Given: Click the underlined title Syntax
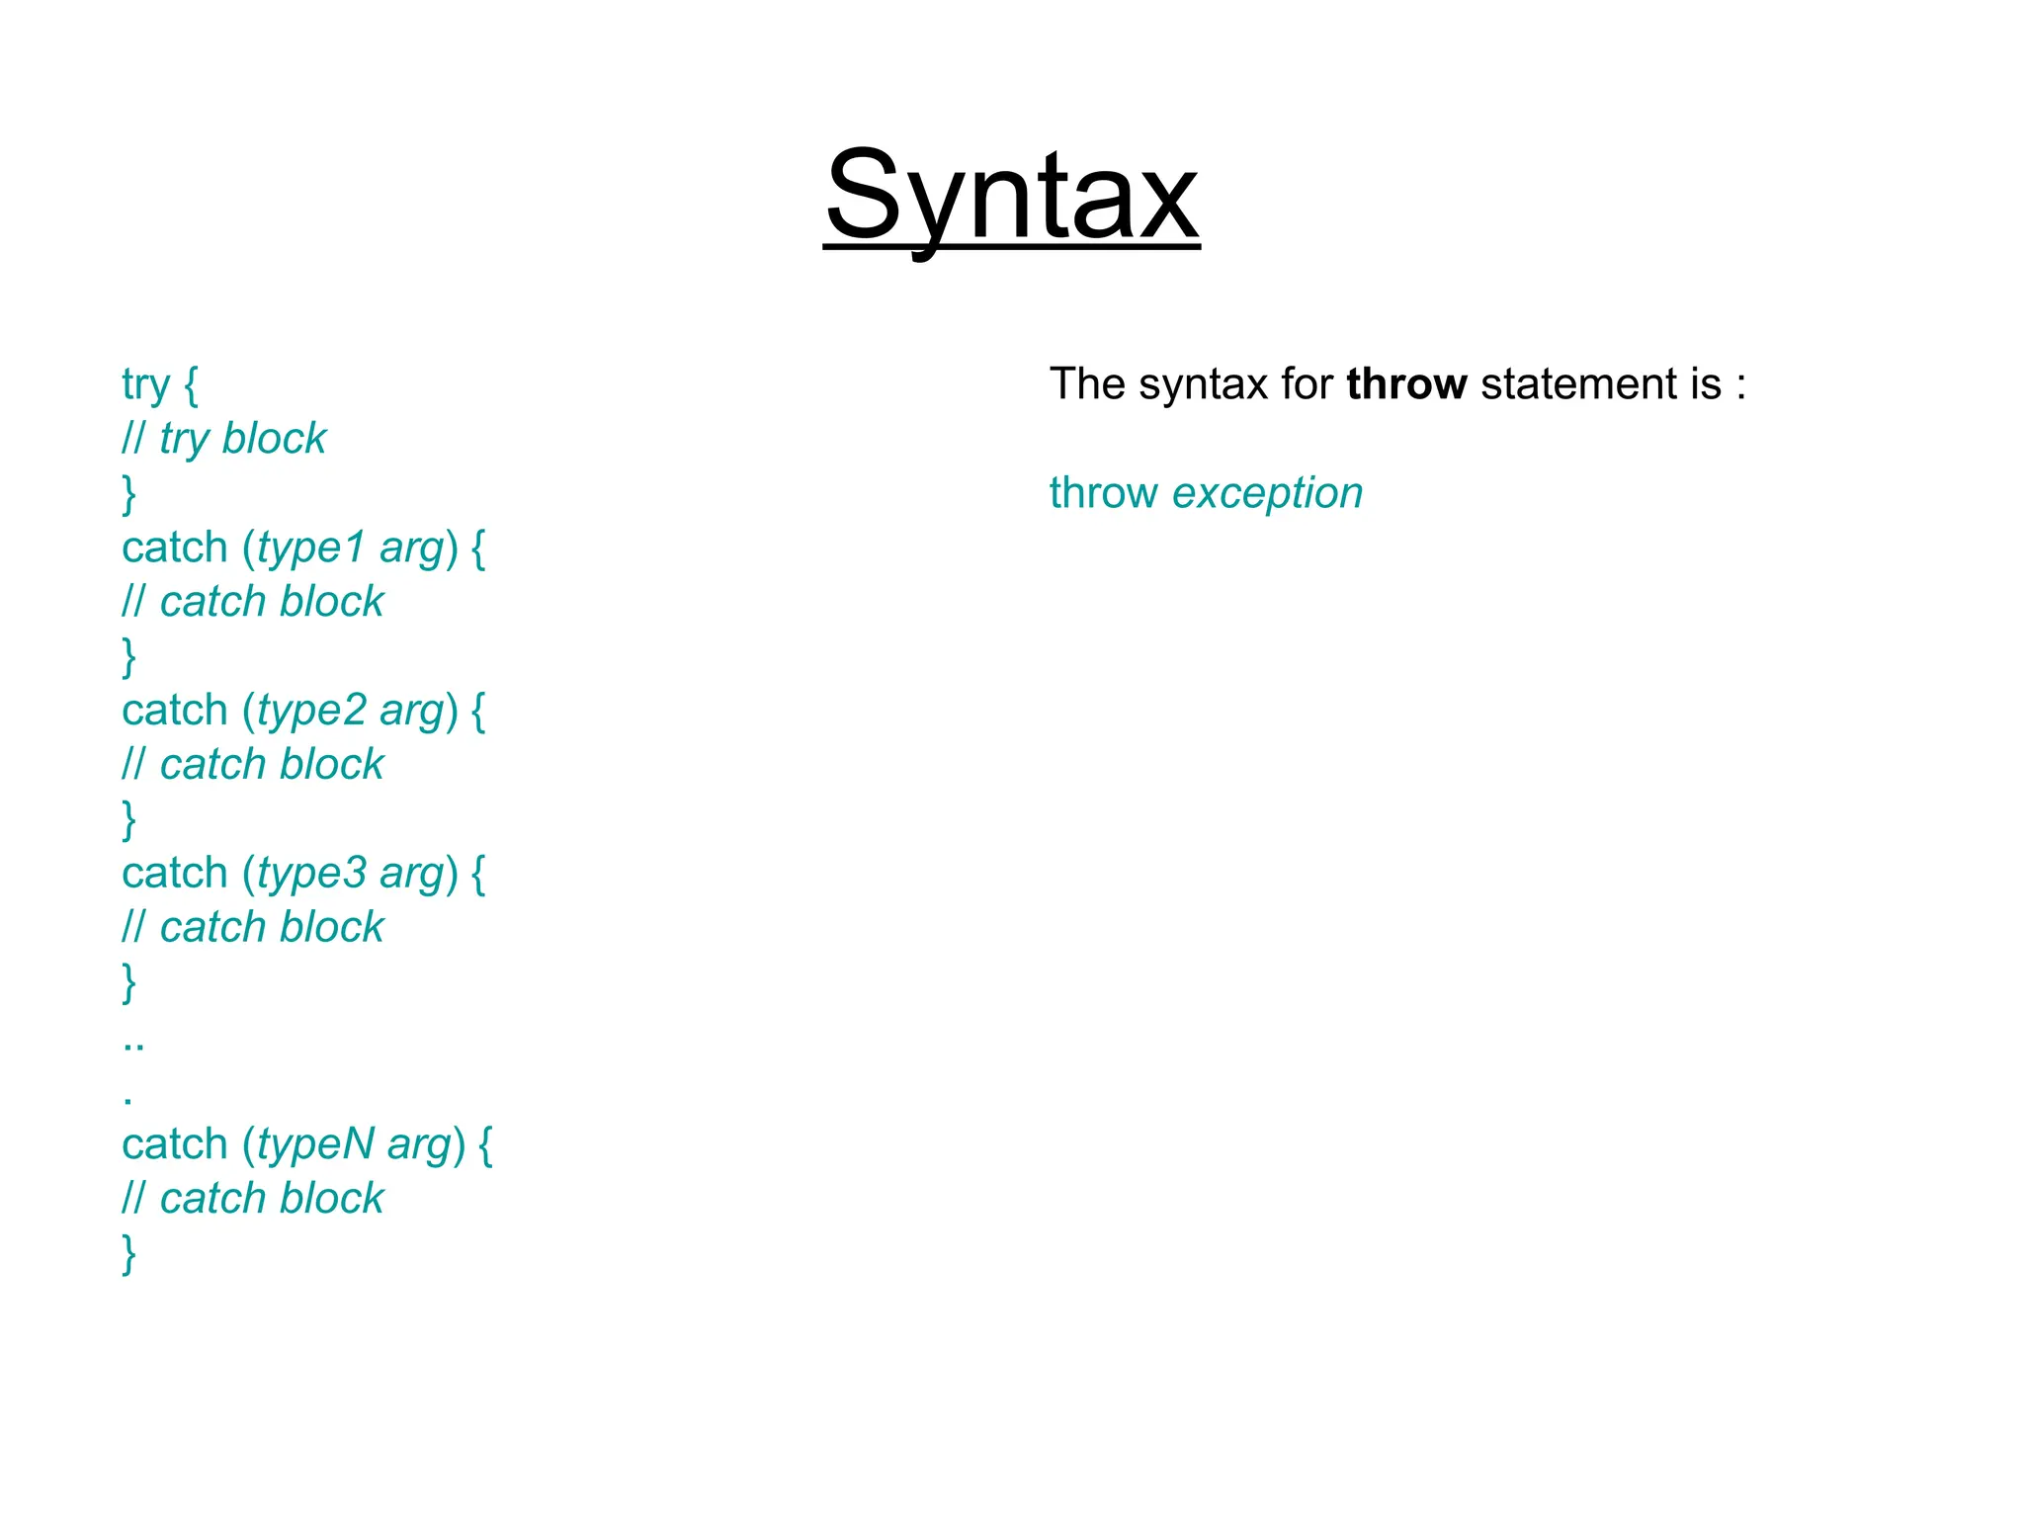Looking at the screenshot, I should pyautogui.click(x=1011, y=196).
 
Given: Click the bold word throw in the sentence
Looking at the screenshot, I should pyautogui.click(x=1405, y=383).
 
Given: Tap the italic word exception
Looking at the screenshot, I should pyautogui.click(x=1267, y=492).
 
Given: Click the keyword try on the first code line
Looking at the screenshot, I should pyautogui.click(x=145, y=385).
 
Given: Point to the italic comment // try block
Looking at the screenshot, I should pyautogui.click(x=223, y=439).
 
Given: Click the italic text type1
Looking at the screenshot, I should pyautogui.click(x=311, y=548).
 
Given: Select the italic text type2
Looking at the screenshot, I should pyautogui.click(x=311, y=711).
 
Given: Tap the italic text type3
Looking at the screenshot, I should pyautogui.click(x=311, y=874).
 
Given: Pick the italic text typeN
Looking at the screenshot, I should pyautogui.click(x=315, y=1144).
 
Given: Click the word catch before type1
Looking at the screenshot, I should pyautogui.click(x=174, y=548).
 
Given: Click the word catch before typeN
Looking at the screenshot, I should pyautogui.click(x=174, y=1144).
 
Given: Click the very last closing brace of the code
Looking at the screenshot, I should pyautogui.click(x=128, y=1253).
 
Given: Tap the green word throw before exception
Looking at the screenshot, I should pyautogui.click(x=1103, y=492).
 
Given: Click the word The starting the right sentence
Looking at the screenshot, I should pyautogui.click(x=1086, y=383).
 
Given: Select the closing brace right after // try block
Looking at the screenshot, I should pyautogui.click(x=128, y=493).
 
